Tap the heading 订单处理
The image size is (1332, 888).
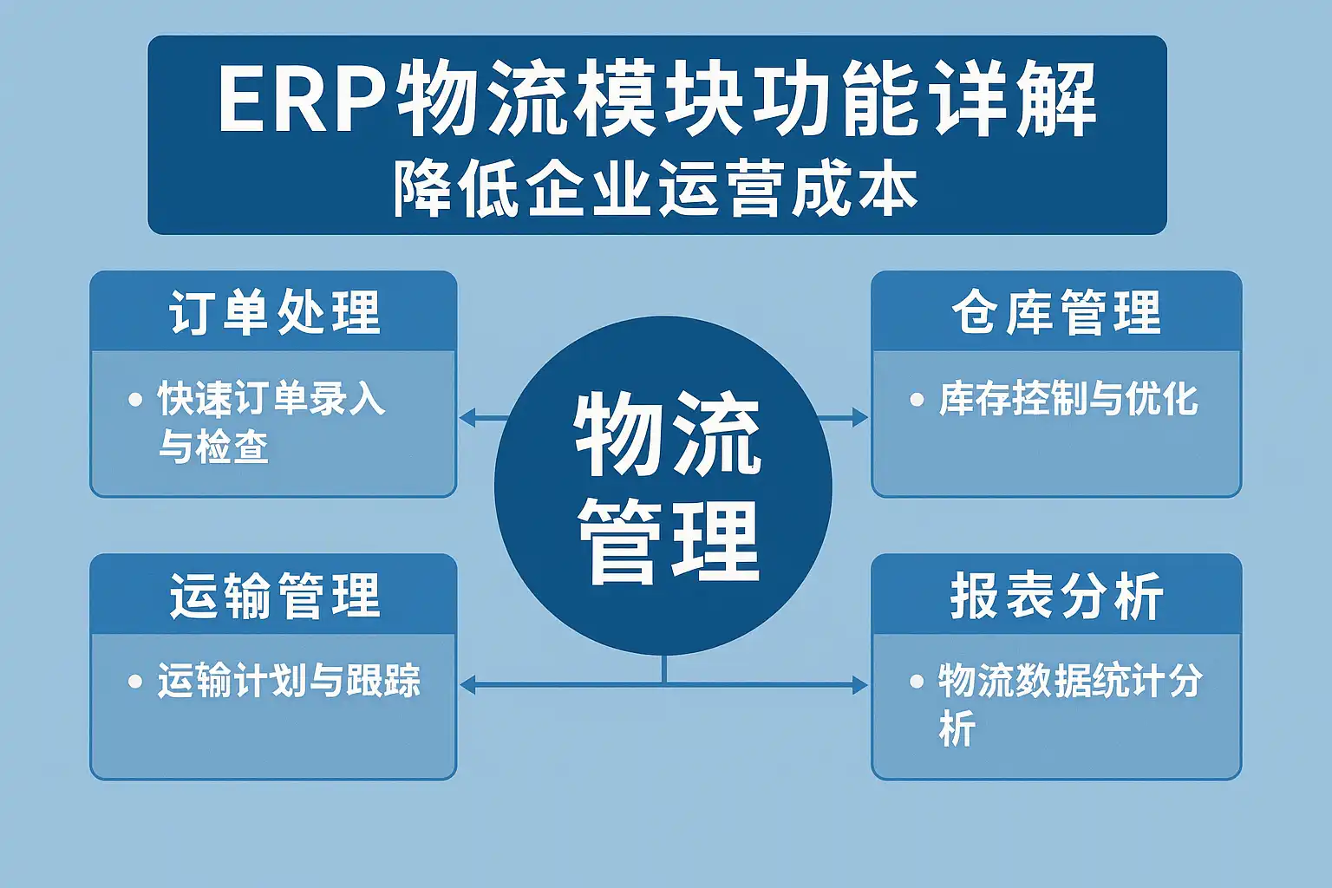click(274, 312)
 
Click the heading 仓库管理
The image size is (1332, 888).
click(1056, 312)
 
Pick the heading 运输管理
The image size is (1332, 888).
click(274, 596)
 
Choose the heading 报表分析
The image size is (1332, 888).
click(1056, 596)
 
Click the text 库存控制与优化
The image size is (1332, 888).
click(1068, 400)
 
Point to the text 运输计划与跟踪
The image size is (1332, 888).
click(289, 682)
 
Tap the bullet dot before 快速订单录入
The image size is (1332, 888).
click(135, 400)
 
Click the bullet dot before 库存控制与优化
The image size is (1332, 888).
click(917, 400)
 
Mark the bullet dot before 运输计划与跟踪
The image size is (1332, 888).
click(135, 682)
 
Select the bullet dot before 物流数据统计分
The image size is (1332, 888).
click(917, 682)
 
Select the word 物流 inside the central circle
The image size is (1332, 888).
click(666, 434)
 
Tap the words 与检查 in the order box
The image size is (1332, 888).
click(213, 447)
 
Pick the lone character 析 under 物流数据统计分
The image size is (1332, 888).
click(957, 728)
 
